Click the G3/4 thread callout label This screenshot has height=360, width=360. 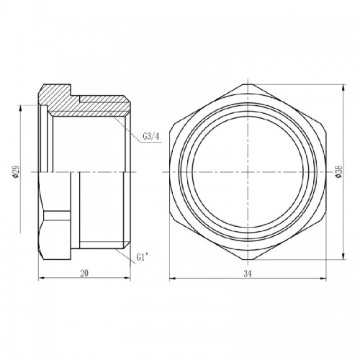[x=151, y=137]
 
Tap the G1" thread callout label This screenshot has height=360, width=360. [x=143, y=257]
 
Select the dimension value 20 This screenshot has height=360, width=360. [x=84, y=273]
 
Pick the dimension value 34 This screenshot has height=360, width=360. [x=248, y=274]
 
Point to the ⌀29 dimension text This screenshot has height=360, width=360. [x=16, y=171]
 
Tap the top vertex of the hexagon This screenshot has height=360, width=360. [x=248, y=84]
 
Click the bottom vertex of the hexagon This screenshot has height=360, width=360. [x=248, y=260]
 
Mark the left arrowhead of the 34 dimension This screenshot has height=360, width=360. [x=172, y=279]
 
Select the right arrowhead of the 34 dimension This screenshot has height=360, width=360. [x=324, y=279]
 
